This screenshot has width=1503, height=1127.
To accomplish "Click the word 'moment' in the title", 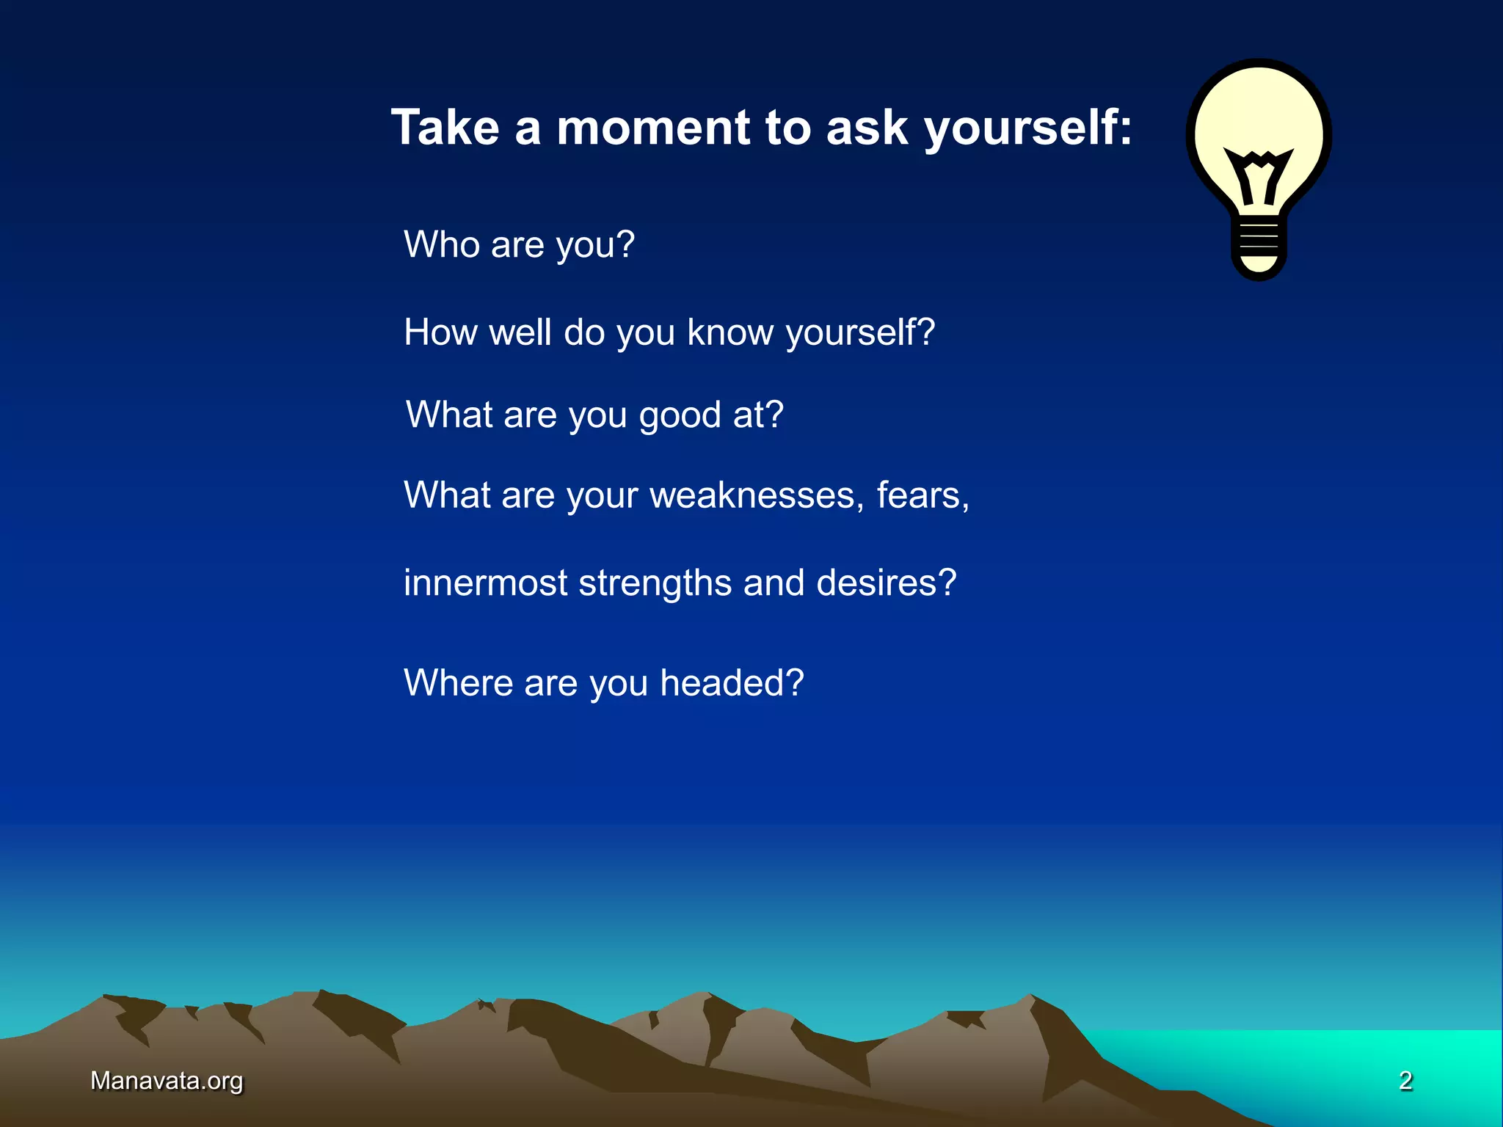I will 653,128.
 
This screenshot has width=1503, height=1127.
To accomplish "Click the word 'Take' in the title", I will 445,128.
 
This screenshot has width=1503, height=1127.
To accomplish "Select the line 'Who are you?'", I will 519,244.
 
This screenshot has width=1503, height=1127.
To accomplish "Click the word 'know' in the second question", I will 729,332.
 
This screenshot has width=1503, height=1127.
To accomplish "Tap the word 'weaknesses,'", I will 757,495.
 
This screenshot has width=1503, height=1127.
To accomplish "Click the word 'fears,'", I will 922,495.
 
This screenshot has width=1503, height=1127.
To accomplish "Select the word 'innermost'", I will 485,583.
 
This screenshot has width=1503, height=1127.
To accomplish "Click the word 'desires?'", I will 886,583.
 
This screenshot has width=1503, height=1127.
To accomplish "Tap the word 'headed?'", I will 732,683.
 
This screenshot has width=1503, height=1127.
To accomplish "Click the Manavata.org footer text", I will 167,1081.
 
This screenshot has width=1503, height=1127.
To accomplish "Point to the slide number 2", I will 1405,1081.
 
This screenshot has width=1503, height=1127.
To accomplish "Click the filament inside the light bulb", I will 1259,176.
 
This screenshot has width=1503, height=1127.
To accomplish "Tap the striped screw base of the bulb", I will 1259,242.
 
